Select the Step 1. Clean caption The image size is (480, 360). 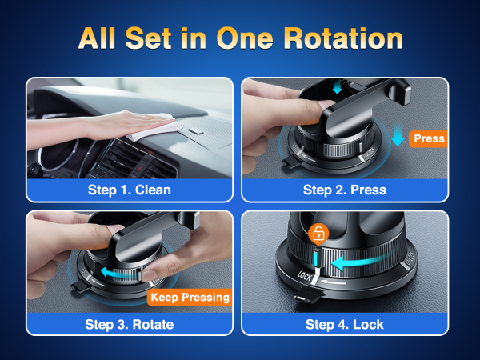(x=130, y=190)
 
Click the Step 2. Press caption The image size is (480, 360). (x=344, y=190)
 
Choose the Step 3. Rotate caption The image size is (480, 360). (x=130, y=324)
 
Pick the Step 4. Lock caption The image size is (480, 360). (x=344, y=324)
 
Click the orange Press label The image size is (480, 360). (x=429, y=138)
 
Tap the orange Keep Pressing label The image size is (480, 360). (x=189, y=298)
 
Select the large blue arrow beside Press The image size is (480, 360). (x=397, y=136)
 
